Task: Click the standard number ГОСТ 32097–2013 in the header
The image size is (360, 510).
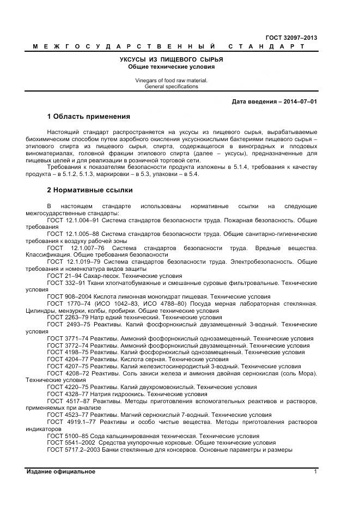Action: coord(291,38)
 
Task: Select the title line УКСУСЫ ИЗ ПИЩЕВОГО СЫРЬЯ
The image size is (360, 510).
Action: coord(172,59)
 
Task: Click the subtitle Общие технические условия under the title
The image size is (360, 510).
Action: coord(172,66)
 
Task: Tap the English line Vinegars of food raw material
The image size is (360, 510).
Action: coord(172,80)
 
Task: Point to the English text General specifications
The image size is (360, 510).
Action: coord(172,87)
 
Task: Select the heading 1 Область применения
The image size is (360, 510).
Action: coord(89,117)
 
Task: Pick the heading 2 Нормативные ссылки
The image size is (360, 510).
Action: coord(90,190)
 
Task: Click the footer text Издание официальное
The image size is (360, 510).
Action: coord(61,472)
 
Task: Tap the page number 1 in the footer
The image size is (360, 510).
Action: coord(315,472)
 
